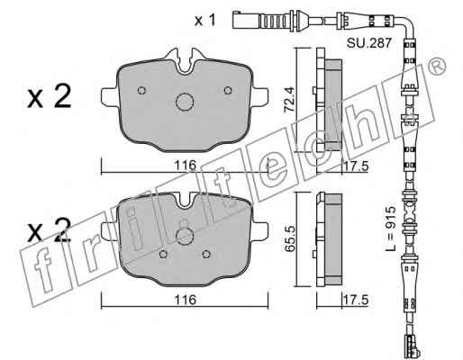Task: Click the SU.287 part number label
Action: click(x=369, y=43)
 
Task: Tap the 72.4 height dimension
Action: click(x=290, y=99)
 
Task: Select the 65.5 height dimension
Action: click(x=290, y=239)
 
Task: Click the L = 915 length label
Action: click(x=391, y=229)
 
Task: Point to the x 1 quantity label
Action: click(x=205, y=21)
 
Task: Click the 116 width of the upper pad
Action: click(x=186, y=166)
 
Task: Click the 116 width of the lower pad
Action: click(x=186, y=300)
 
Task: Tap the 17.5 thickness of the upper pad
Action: click(x=355, y=166)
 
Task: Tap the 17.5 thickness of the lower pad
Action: click(x=355, y=300)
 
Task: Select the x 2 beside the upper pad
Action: click(x=50, y=96)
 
